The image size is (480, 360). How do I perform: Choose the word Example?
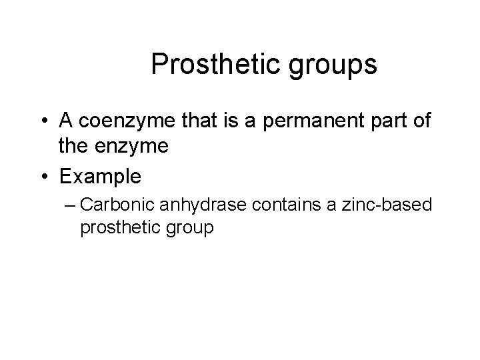pos(100,177)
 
